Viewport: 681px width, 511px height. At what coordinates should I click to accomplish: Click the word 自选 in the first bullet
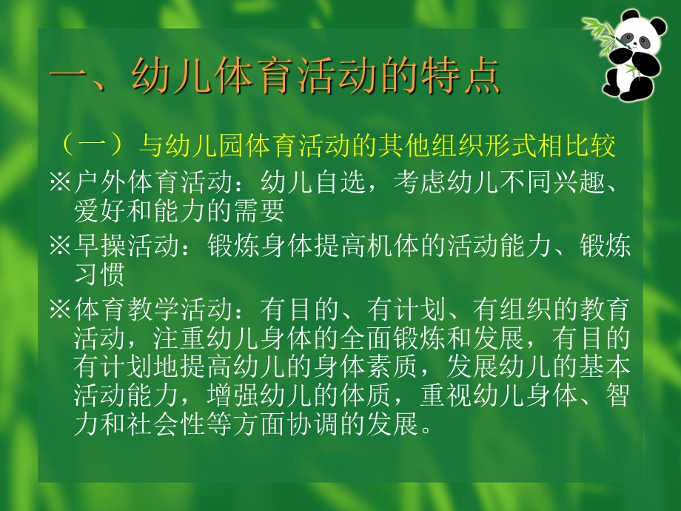(x=343, y=181)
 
